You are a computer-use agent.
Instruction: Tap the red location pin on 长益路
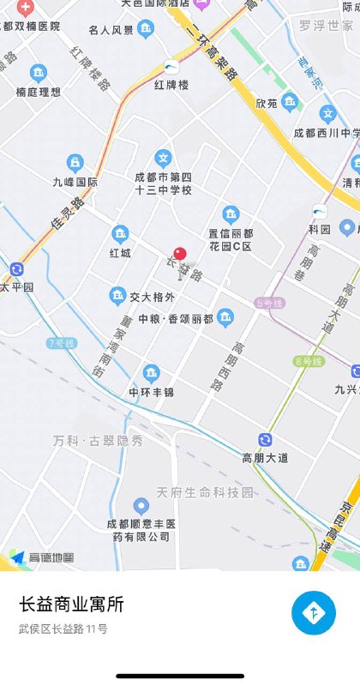(179, 254)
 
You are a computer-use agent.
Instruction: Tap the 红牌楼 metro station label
(171, 86)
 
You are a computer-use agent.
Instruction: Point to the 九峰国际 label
(75, 182)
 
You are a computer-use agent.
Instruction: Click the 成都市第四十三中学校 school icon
(163, 158)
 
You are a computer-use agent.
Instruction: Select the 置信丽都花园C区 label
(230, 239)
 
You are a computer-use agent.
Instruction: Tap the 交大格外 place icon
(118, 297)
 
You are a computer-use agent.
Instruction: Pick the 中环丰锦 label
(151, 393)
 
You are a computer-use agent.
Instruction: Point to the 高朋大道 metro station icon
(266, 440)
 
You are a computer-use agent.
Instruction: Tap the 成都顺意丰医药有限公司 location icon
(141, 506)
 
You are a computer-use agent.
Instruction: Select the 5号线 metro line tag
(268, 303)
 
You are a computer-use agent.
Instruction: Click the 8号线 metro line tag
(307, 361)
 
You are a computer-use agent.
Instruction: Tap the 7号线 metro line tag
(62, 343)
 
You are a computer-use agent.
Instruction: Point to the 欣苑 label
(267, 103)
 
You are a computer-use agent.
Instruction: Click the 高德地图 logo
(41, 557)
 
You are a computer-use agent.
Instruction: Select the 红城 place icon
(120, 233)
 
